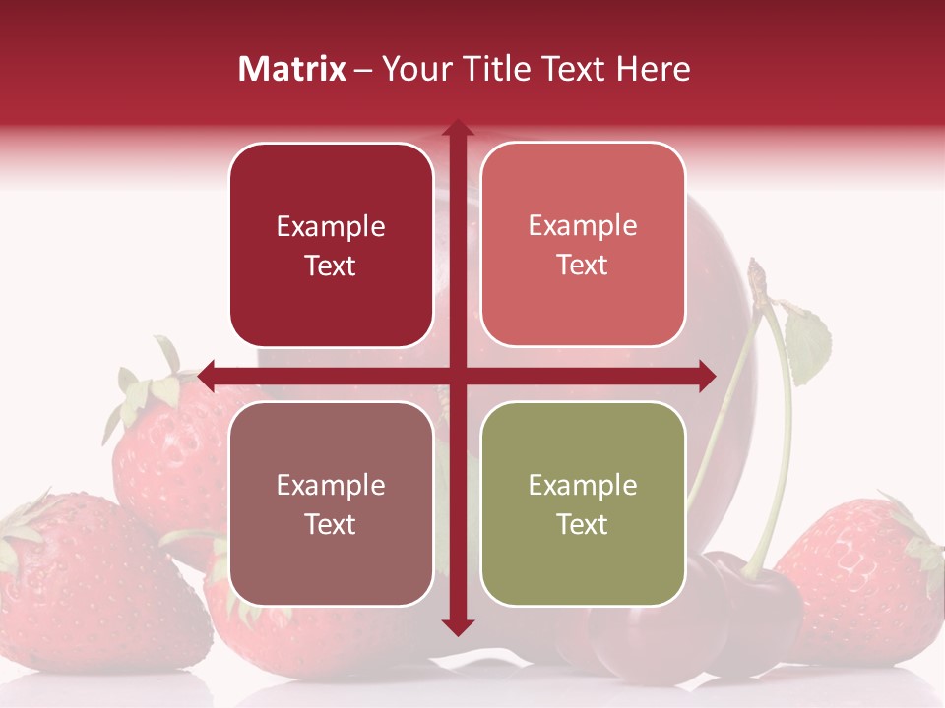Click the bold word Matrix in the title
(x=291, y=69)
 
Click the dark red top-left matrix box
(x=331, y=245)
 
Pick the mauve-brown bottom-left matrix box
(x=331, y=503)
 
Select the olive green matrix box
(x=583, y=503)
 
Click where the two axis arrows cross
(x=457, y=375)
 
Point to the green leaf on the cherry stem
(x=808, y=344)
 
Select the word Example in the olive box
(x=583, y=485)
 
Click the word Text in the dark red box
(x=331, y=265)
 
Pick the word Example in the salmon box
(x=583, y=226)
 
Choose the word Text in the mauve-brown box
(x=331, y=524)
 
